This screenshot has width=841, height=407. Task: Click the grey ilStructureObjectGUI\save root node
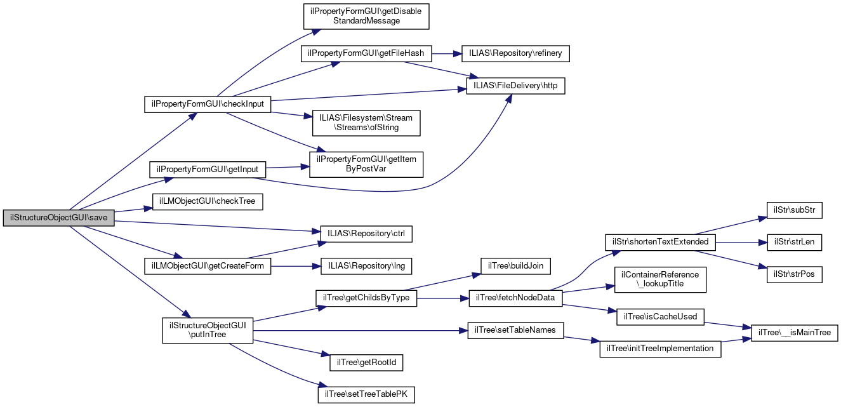coord(59,218)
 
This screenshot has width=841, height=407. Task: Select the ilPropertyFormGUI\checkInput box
coord(208,103)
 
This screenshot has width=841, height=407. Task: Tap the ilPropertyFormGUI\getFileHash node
coord(366,53)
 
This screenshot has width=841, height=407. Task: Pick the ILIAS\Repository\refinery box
coord(515,53)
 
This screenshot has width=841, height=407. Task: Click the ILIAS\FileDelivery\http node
coord(515,86)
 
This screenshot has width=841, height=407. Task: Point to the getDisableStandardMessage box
coord(366,16)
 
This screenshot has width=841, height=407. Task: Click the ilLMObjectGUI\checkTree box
coord(208,201)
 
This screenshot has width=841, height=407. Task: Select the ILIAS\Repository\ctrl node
coord(366,234)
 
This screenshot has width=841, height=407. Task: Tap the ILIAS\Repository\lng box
coord(366,266)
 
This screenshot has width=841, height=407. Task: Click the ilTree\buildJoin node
coord(515,265)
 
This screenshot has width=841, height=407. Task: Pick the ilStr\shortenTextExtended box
coord(661,242)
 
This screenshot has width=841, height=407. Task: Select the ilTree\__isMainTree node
coord(795,332)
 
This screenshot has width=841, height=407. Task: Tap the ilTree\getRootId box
coord(366,363)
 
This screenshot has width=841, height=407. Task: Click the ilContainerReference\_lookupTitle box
coord(660,279)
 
